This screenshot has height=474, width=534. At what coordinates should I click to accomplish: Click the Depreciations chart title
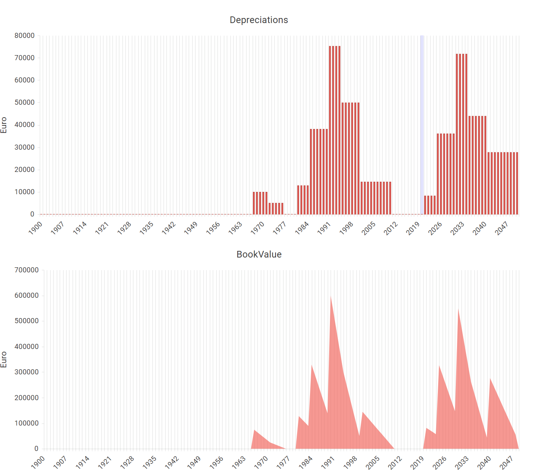click(259, 20)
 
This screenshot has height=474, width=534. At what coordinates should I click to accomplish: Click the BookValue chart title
click(259, 254)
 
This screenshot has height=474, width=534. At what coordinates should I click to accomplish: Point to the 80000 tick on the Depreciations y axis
click(25, 36)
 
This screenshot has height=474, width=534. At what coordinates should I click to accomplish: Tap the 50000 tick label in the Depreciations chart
click(25, 102)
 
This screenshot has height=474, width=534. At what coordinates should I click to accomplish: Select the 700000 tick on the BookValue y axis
click(27, 270)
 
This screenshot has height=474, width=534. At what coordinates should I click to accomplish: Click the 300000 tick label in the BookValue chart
click(27, 372)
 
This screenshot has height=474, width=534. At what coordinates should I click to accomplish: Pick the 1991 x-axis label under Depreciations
click(324, 228)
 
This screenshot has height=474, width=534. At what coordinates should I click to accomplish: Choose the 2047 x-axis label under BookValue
click(507, 463)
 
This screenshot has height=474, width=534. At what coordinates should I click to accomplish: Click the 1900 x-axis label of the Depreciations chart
click(36, 228)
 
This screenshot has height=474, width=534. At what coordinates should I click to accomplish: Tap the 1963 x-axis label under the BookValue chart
click(239, 463)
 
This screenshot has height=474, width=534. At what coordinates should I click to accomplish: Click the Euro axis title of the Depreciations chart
click(4, 125)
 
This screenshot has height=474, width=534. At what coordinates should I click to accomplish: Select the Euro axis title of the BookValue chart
click(4, 360)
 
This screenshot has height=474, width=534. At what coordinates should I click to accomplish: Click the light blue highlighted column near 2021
click(422, 125)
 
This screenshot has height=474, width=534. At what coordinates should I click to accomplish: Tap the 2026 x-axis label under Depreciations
click(435, 228)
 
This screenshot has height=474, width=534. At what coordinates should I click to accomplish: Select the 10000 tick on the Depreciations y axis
click(25, 192)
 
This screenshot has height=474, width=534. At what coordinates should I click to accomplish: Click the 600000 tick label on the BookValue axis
click(27, 295)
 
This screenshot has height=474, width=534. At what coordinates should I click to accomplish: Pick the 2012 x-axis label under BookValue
click(395, 463)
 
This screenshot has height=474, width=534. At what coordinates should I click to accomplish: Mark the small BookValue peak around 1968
click(254, 431)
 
